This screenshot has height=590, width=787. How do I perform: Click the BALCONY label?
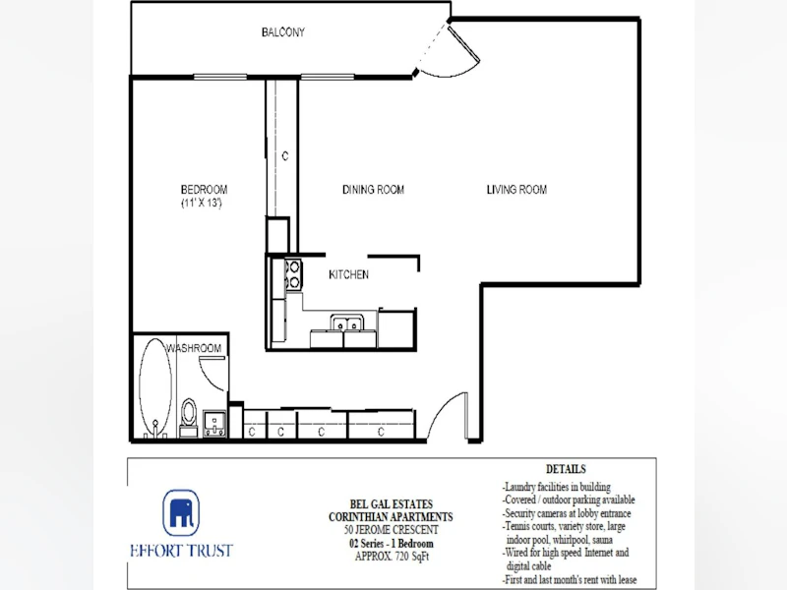283,32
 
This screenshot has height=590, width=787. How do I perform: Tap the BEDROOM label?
204,189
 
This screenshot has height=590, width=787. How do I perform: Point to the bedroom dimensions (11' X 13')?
202,203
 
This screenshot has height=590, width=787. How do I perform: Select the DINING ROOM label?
373,189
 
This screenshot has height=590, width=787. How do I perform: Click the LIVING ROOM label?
516,189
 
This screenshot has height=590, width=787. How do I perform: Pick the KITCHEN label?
348,274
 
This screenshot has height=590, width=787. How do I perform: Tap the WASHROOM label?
194,348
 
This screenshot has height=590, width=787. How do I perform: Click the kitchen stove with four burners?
293,274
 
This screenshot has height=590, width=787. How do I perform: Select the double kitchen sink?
347,324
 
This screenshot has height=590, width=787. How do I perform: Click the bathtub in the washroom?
155,387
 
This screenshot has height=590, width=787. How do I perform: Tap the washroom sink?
214,424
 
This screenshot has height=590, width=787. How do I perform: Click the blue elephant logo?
181,512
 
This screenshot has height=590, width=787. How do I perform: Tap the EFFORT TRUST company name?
182,551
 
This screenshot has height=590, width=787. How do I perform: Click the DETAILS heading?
566,469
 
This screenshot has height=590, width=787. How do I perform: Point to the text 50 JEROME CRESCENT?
391,530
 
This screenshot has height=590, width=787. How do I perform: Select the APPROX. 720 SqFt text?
392,557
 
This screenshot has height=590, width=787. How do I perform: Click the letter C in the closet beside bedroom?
285,156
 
